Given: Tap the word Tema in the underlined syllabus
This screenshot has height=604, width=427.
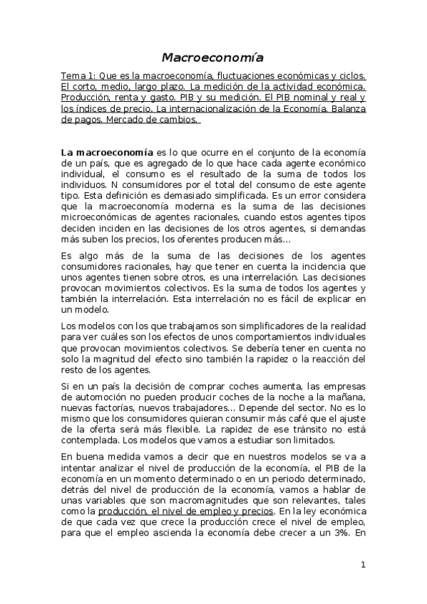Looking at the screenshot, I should pyautogui.click(x=73, y=75).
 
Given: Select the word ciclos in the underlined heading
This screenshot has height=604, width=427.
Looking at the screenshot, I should pyautogui.click(x=350, y=75).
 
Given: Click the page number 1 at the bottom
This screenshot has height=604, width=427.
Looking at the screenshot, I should pyautogui.click(x=363, y=566).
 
